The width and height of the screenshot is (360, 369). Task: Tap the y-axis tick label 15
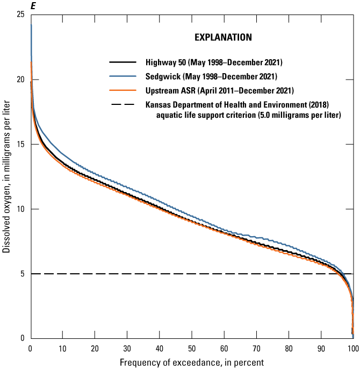(21, 144)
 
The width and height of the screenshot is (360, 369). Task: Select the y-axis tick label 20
(21, 79)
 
